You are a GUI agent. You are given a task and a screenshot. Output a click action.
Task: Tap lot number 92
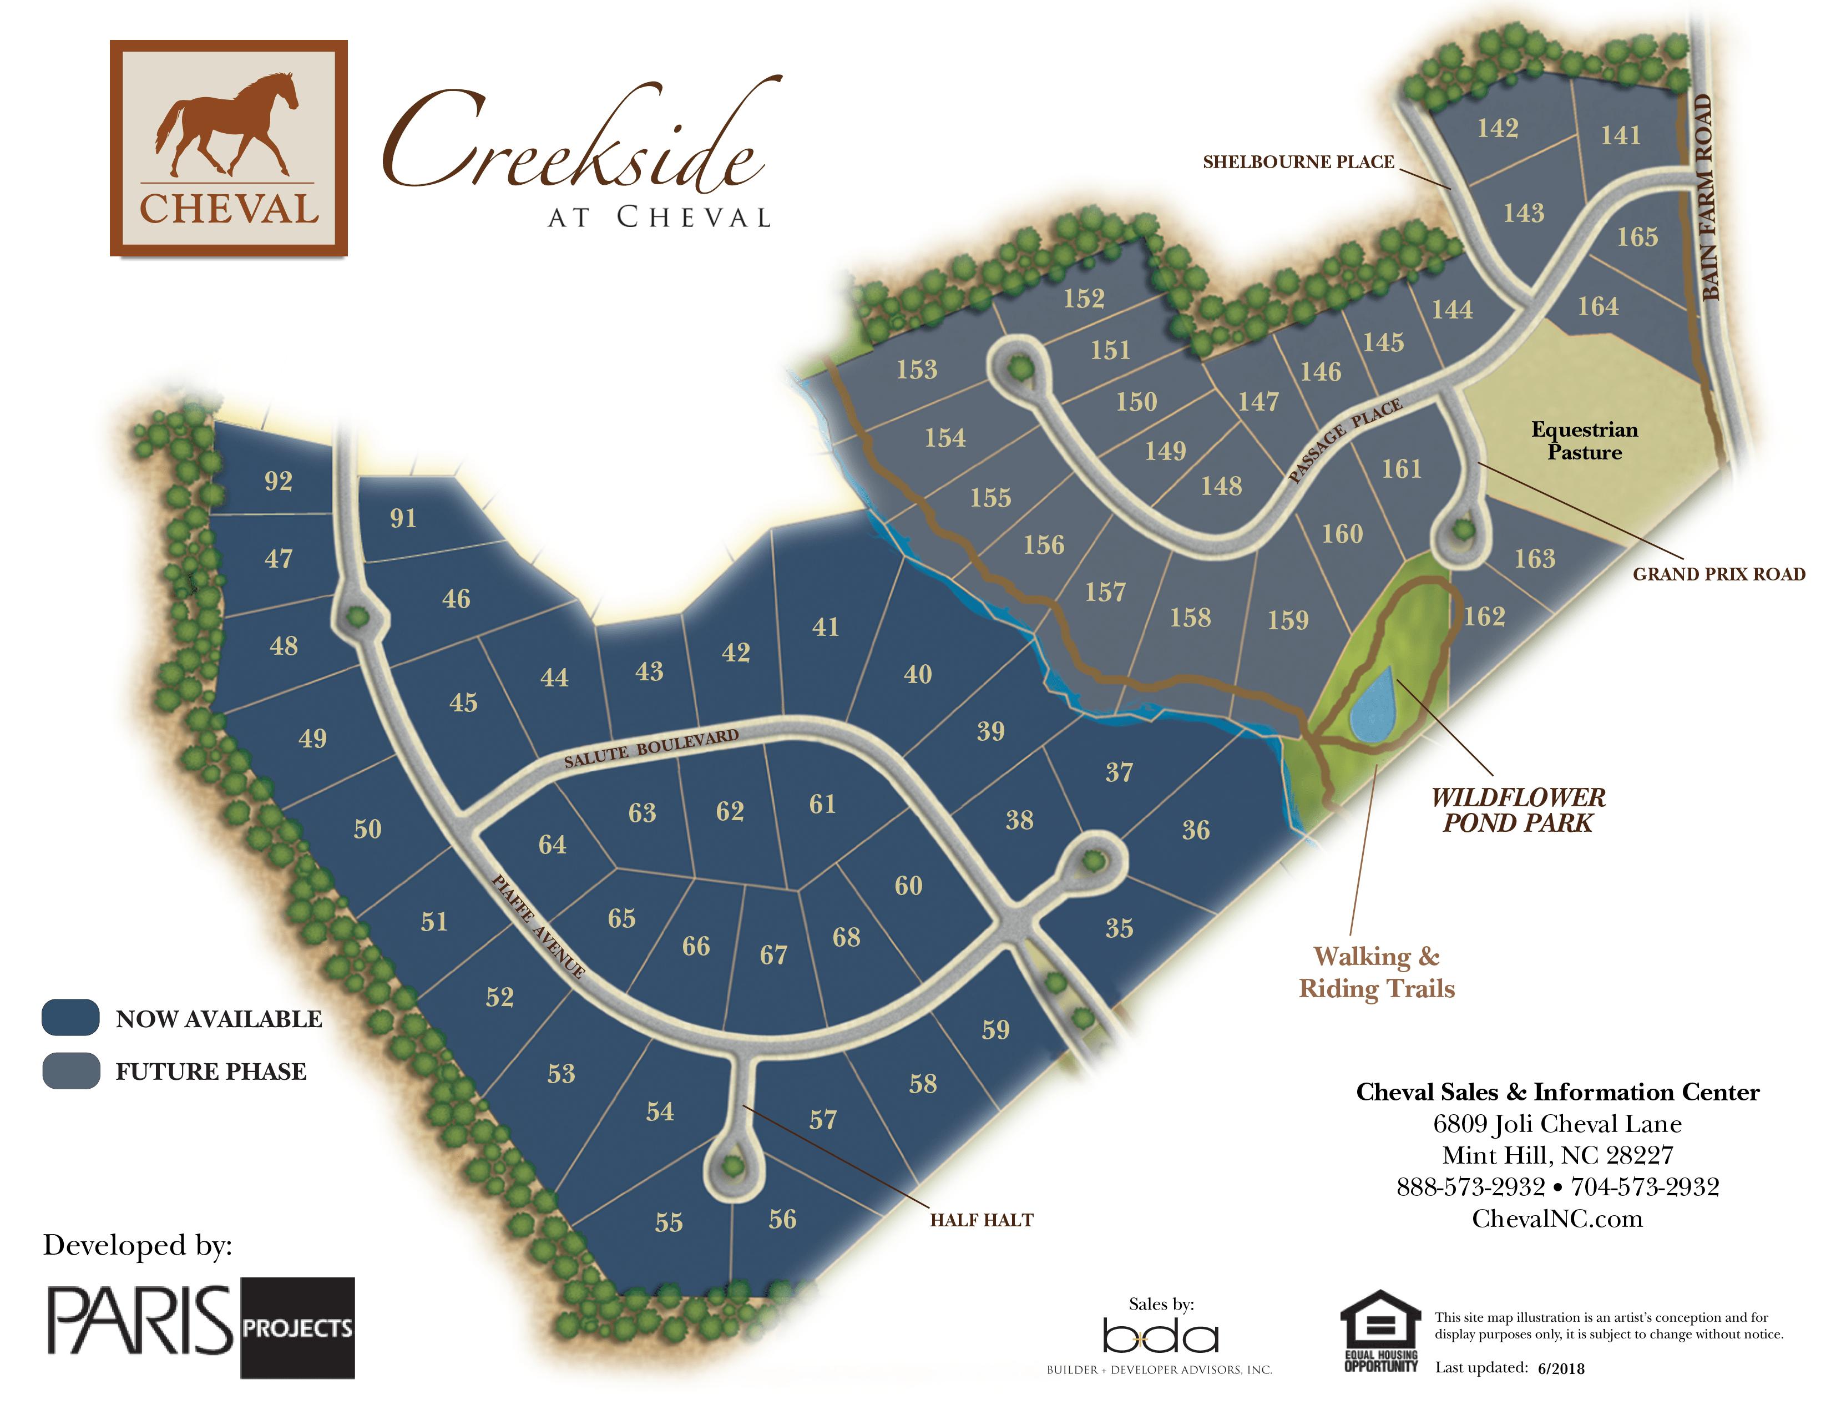279,481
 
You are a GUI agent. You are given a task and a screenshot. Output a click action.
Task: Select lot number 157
1105,593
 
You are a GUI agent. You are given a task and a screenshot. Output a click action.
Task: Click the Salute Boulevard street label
651,748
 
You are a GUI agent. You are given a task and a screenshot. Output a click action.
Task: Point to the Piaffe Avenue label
538,926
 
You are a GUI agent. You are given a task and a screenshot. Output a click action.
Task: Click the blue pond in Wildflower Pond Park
1372,706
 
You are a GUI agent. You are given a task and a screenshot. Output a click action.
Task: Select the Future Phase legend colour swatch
71,1070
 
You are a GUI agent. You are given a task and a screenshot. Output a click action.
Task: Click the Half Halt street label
981,1220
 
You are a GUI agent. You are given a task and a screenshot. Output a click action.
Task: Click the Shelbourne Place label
1298,162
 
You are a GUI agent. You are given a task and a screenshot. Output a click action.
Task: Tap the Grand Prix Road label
1719,574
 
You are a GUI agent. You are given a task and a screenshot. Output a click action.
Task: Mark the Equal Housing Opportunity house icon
1380,1323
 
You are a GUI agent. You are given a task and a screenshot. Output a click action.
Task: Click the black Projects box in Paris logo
297,1328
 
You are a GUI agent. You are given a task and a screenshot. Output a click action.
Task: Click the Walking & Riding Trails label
1376,972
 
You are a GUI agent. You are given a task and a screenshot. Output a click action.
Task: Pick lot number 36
1196,830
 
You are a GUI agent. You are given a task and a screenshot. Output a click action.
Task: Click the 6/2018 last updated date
1561,1368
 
